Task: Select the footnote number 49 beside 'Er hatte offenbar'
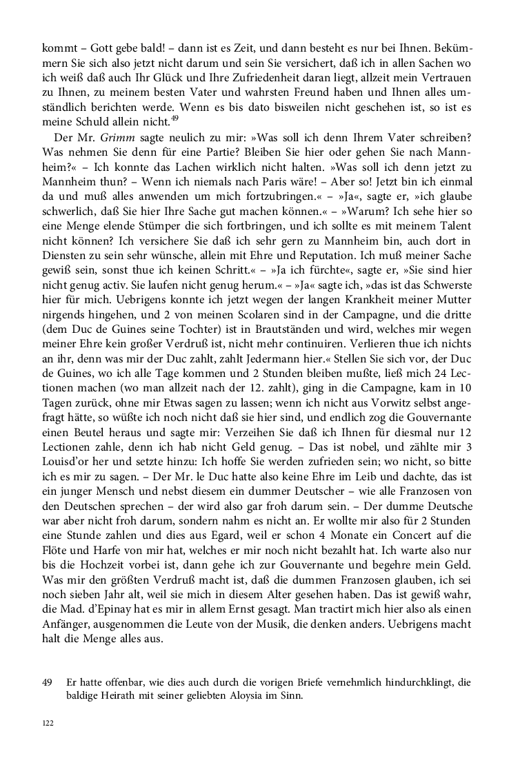click(x=48, y=682)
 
